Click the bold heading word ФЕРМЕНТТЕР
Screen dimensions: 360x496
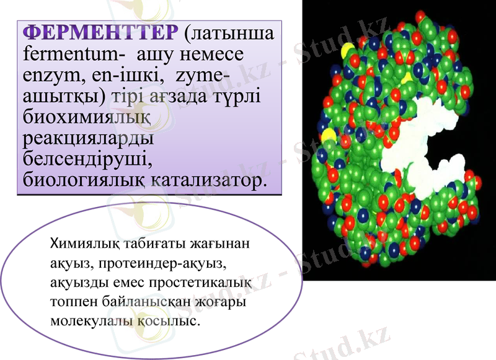tap(99, 32)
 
